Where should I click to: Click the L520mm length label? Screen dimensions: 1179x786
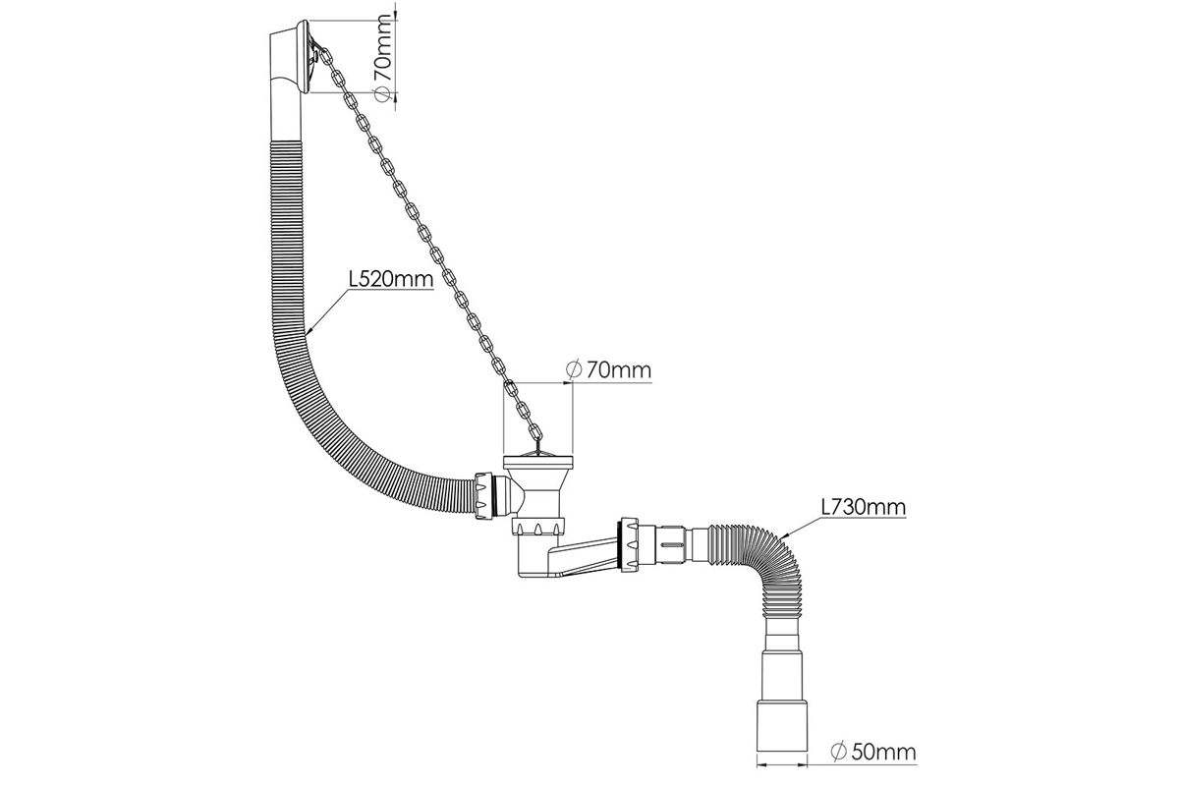(x=391, y=279)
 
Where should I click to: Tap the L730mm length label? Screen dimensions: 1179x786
(x=864, y=507)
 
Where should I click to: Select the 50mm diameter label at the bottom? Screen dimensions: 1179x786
(x=872, y=752)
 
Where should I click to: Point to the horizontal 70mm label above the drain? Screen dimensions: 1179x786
(x=608, y=369)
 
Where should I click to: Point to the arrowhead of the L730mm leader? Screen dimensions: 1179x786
(x=782, y=533)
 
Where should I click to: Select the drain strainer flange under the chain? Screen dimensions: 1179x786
(x=537, y=462)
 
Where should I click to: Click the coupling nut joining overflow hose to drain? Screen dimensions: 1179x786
(x=484, y=496)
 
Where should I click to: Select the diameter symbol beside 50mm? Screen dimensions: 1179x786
(x=838, y=751)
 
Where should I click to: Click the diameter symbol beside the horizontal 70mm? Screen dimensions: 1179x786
(x=573, y=369)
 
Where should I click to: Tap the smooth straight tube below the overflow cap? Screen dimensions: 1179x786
(x=287, y=117)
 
